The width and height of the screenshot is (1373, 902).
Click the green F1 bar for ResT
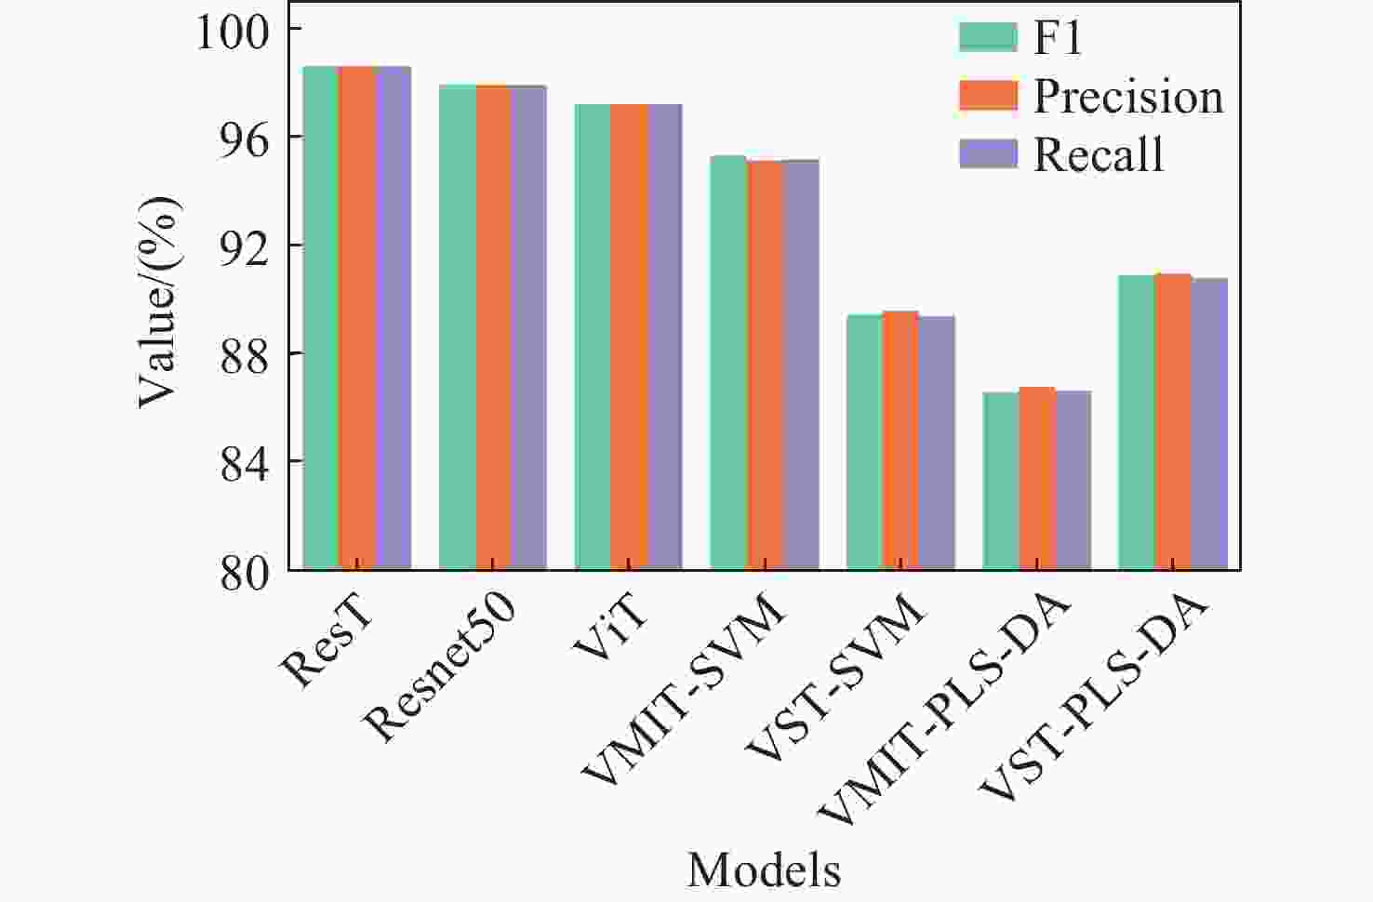(x=320, y=316)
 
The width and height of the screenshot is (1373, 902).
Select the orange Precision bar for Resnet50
(x=493, y=325)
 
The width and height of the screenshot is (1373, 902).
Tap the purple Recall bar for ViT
(x=664, y=335)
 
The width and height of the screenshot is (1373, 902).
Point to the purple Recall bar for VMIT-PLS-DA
(x=1073, y=479)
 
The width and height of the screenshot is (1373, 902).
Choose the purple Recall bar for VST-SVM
(x=936, y=442)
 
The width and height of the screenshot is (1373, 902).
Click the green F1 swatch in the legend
(x=988, y=38)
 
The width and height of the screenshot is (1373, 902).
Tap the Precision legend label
(x=1128, y=97)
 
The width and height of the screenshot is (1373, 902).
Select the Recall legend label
(x=1099, y=154)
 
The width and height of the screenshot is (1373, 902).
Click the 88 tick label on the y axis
(x=244, y=355)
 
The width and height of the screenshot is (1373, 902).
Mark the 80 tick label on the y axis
(x=244, y=572)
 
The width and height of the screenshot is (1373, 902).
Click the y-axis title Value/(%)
(x=157, y=302)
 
